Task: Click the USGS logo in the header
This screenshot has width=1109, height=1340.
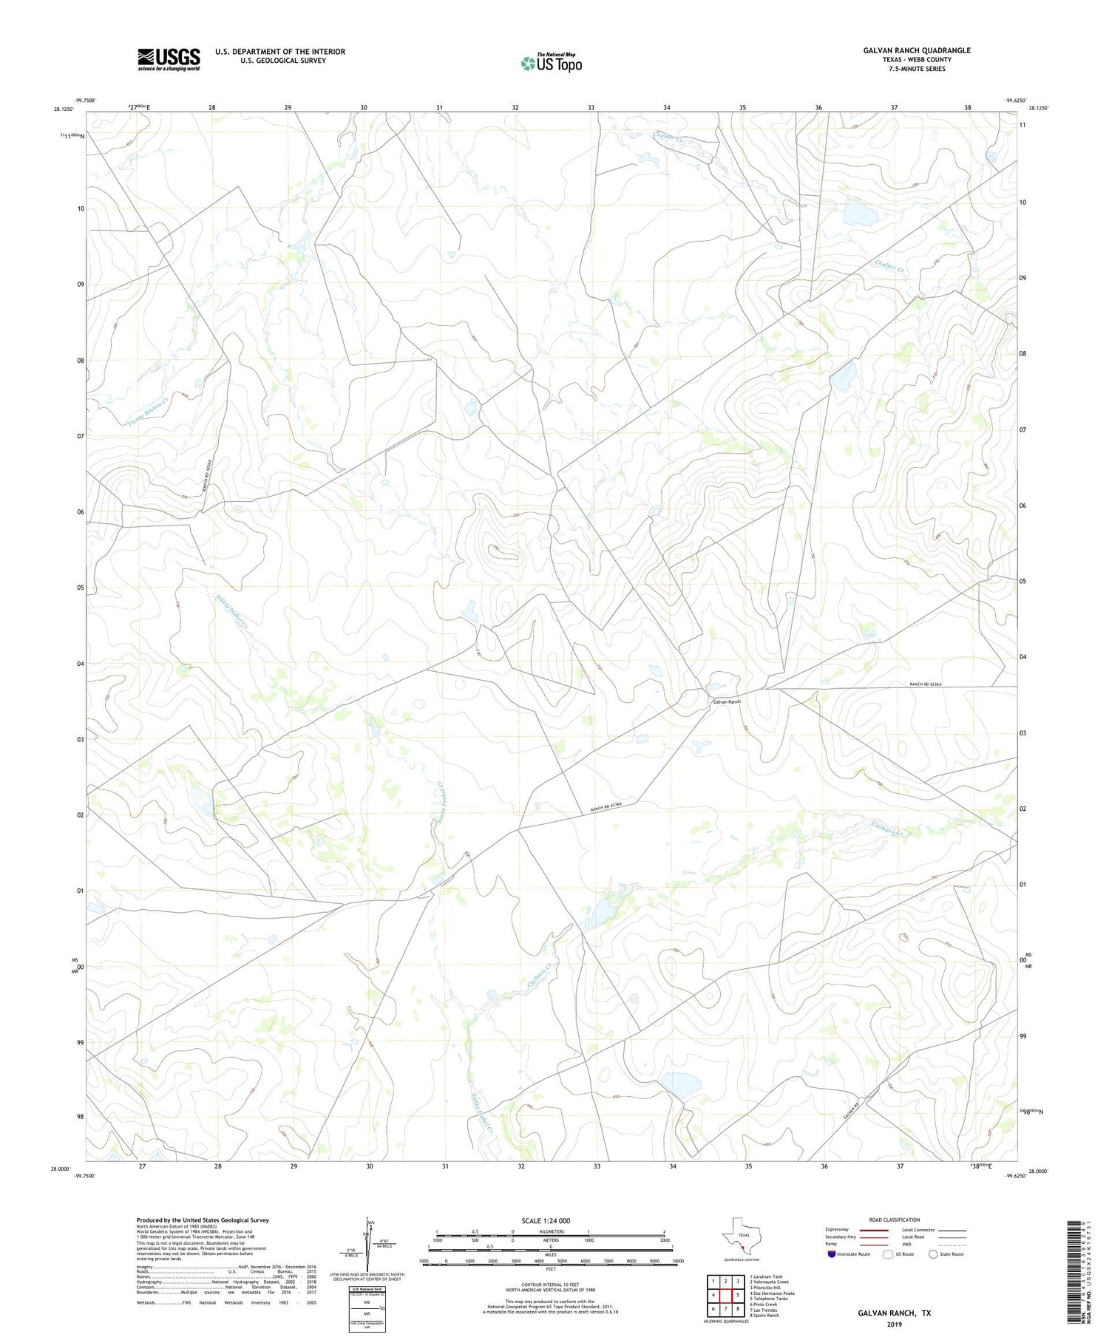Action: (169, 59)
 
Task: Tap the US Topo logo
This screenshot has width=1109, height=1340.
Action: (552, 64)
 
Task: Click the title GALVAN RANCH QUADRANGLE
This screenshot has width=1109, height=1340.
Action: (917, 50)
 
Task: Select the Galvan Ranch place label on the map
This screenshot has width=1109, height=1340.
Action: (726, 701)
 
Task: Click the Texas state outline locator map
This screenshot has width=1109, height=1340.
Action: (739, 1236)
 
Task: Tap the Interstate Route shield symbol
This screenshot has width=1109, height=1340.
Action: (831, 1254)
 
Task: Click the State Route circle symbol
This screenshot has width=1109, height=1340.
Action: (933, 1254)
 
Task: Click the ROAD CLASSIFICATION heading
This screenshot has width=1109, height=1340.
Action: (894, 1220)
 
